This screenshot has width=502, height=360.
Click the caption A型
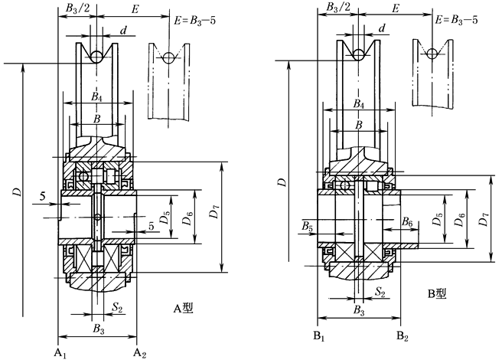184,309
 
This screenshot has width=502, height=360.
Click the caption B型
437,293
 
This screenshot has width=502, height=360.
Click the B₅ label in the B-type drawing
307,227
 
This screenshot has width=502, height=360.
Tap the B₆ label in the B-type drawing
407,222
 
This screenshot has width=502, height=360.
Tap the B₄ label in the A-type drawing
96,97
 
